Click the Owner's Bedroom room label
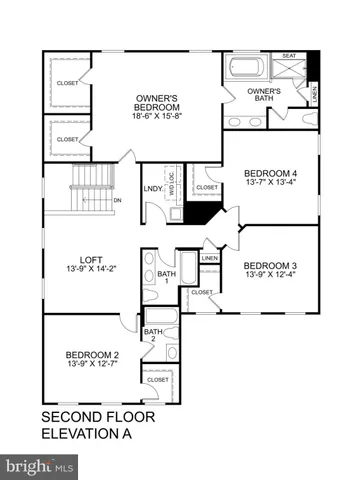[157, 102]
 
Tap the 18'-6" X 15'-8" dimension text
[157, 116]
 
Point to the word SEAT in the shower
[289, 56]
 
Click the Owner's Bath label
[264, 95]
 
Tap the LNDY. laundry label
[153, 187]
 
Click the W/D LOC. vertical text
[172, 182]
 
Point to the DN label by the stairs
[117, 200]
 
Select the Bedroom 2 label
[93, 354]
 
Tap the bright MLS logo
[40, 466]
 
